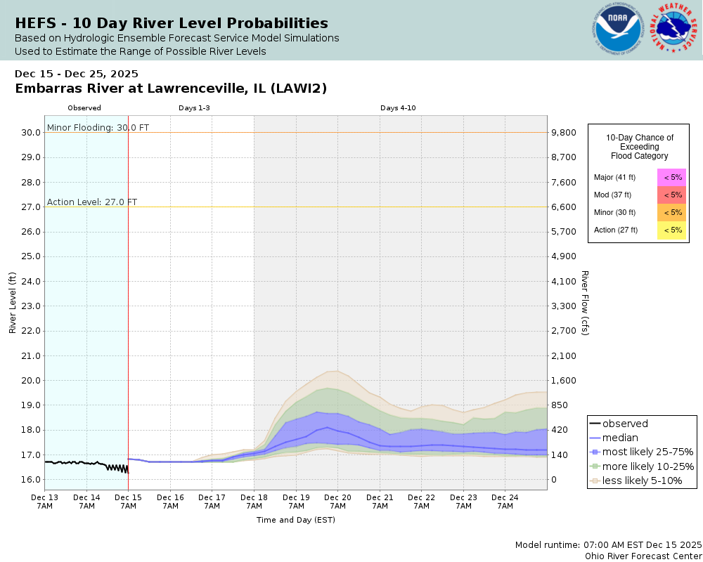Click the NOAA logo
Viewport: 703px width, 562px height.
(x=618, y=30)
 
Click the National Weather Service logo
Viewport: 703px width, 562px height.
(x=673, y=30)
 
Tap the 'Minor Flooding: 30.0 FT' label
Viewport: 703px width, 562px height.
(x=98, y=128)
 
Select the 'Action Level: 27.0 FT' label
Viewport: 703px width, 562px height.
(x=92, y=202)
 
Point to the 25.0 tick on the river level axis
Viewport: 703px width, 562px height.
(x=30, y=256)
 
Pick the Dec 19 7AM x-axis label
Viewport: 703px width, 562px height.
(x=296, y=501)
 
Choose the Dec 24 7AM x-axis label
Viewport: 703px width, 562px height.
(x=505, y=501)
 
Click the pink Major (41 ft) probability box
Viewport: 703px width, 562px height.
(x=671, y=177)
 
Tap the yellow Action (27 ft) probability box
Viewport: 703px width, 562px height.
(x=671, y=230)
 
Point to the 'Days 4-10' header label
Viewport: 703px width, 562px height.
(x=399, y=108)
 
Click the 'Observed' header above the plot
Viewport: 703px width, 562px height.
(x=84, y=108)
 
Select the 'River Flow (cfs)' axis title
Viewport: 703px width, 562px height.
(x=585, y=303)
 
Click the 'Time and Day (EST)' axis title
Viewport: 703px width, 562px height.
(x=295, y=520)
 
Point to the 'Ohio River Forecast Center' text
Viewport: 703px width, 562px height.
(x=643, y=556)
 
